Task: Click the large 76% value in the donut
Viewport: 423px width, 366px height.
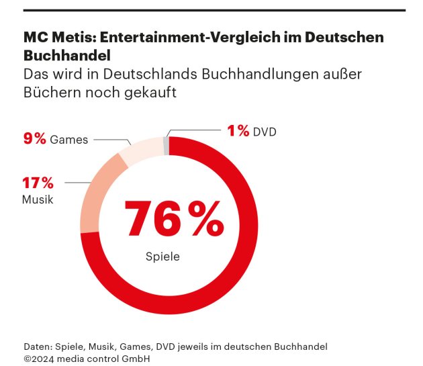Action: tap(173, 218)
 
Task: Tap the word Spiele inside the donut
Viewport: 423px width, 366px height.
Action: tap(162, 257)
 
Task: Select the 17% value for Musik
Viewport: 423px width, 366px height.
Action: tap(38, 183)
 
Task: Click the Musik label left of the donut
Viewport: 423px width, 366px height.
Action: tap(37, 199)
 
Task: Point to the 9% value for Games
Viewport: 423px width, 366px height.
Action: tap(35, 139)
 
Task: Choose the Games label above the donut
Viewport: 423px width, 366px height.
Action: tap(68, 140)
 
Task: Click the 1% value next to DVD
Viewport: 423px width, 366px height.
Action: tap(238, 132)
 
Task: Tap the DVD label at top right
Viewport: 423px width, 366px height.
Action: tap(265, 132)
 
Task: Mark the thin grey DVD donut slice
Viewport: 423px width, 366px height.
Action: tap(166, 146)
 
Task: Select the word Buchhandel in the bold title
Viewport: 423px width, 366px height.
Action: tap(66, 55)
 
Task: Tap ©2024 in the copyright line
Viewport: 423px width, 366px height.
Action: tap(39, 359)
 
